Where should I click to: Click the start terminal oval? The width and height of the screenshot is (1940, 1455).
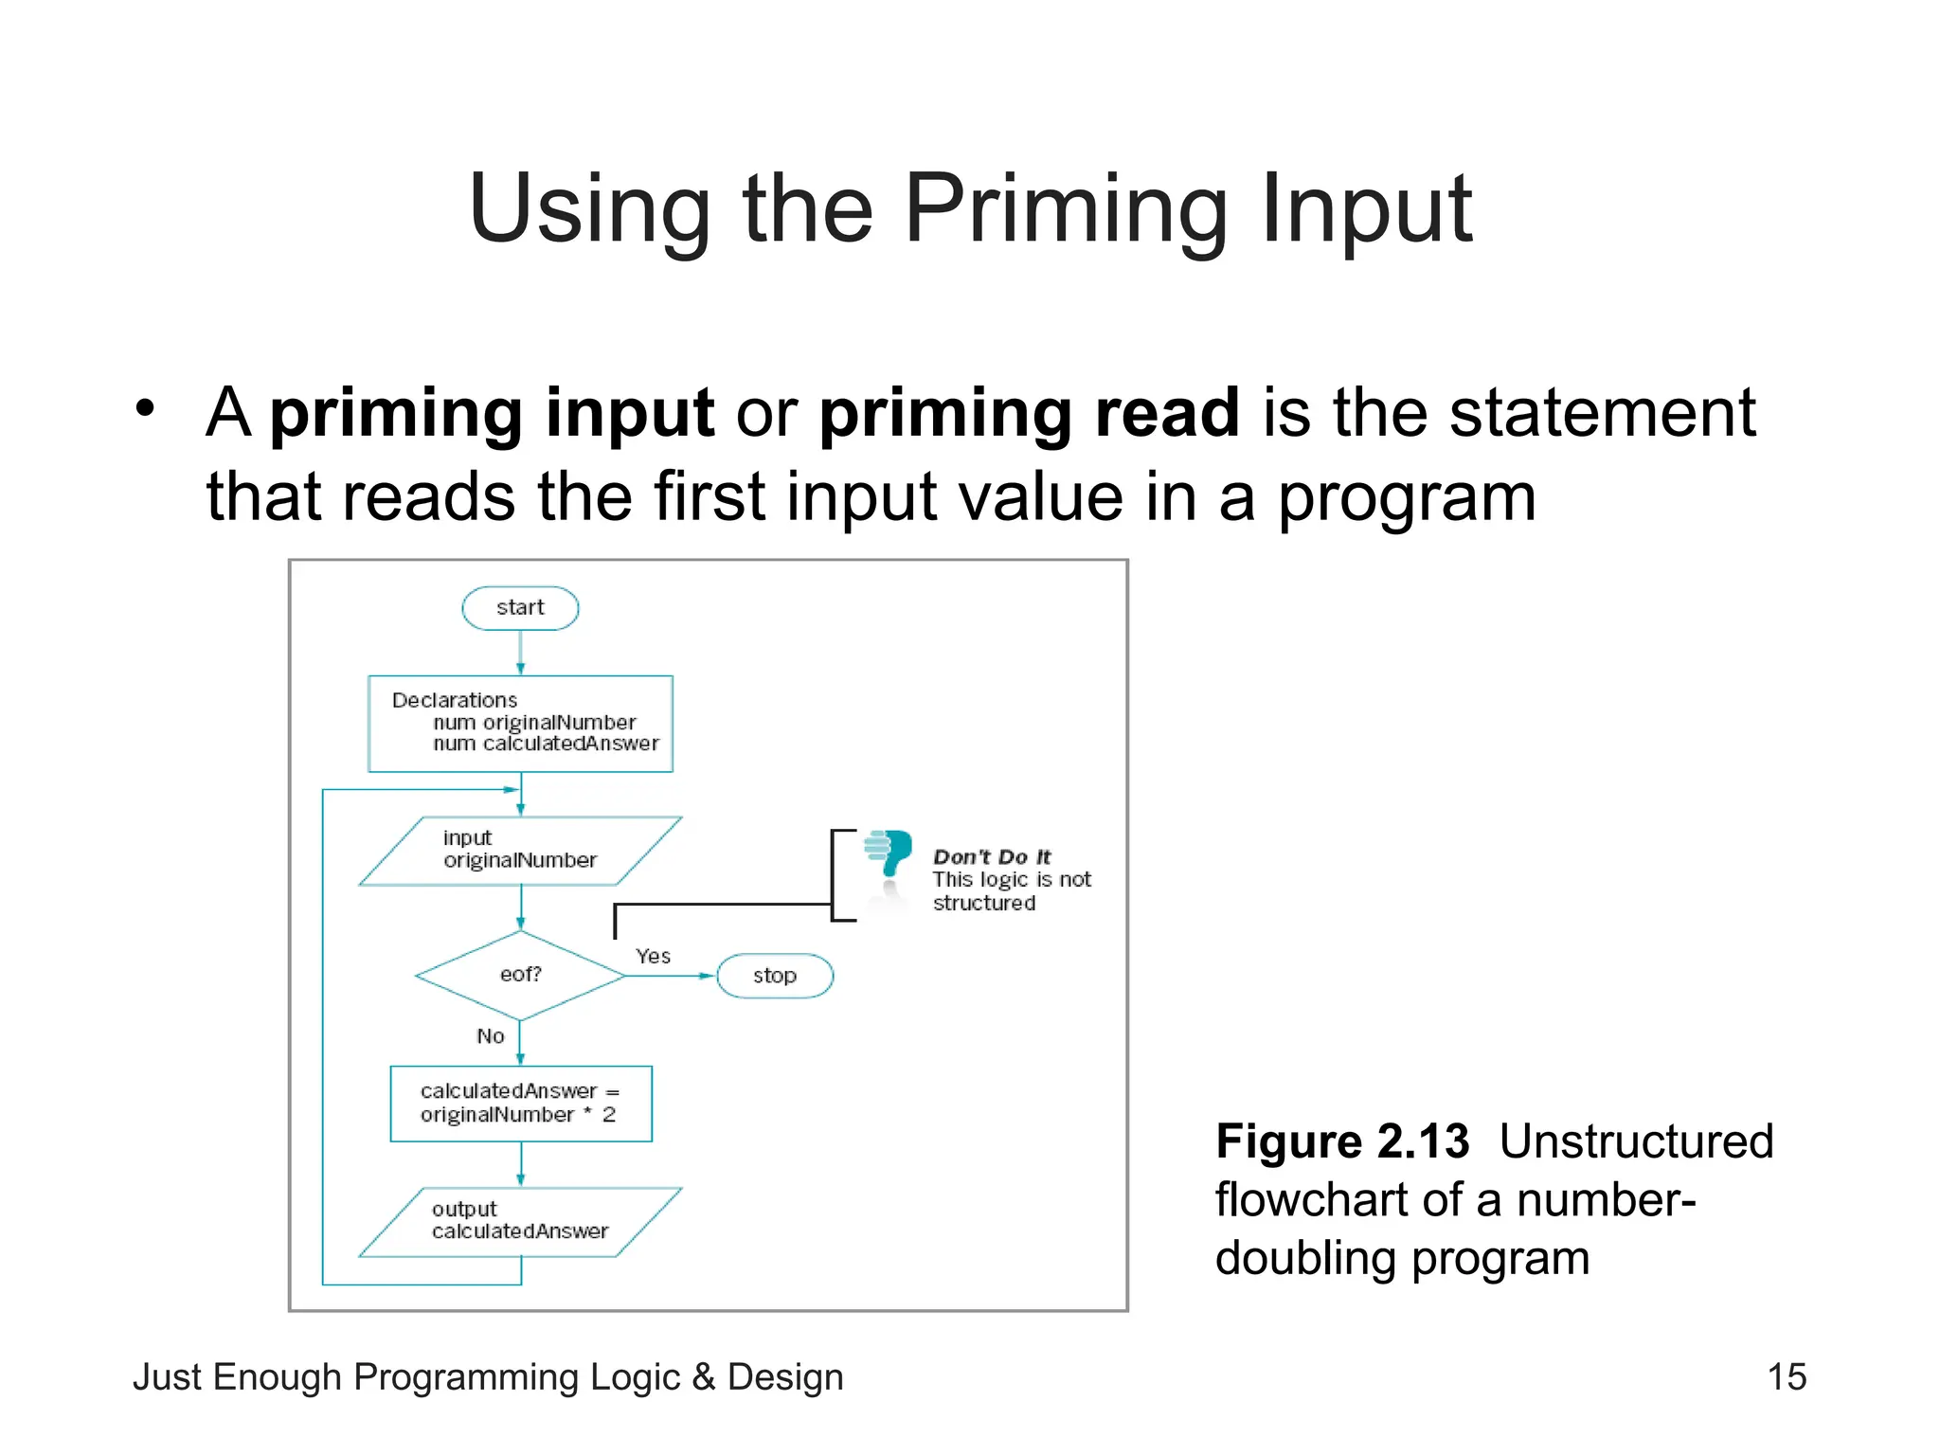(520, 608)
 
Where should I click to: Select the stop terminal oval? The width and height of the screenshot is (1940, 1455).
(775, 976)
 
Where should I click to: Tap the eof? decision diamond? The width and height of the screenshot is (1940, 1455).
(520, 975)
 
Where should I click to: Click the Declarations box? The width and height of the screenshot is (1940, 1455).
(520, 724)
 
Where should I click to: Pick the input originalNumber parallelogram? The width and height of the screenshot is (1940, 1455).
(520, 851)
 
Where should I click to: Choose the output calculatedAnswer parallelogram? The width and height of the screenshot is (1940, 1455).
(520, 1221)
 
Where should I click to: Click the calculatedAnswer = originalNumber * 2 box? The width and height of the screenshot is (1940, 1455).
(520, 1104)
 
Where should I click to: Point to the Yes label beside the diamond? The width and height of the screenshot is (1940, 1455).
(653, 957)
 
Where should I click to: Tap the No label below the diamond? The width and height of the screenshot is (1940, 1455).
(491, 1036)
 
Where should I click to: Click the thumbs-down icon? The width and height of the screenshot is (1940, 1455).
(889, 852)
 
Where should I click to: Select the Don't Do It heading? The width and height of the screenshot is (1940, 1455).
(992, 857)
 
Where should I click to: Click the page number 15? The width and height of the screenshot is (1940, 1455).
(1787, 1376)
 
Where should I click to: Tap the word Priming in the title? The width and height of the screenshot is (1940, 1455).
(1066, 209)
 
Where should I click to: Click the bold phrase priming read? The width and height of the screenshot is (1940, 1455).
(1029, 413)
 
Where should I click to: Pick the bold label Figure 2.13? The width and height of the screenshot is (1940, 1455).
(1341, 1141)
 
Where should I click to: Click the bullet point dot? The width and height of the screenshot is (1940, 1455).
(144, 409)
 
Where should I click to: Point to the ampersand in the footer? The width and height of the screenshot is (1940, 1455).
(703, 1377)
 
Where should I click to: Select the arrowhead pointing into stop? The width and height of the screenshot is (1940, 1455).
(707, 976)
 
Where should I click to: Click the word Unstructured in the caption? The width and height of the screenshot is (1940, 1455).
(1636, 1141)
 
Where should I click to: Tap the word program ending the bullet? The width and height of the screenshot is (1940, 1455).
(1407, 497)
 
